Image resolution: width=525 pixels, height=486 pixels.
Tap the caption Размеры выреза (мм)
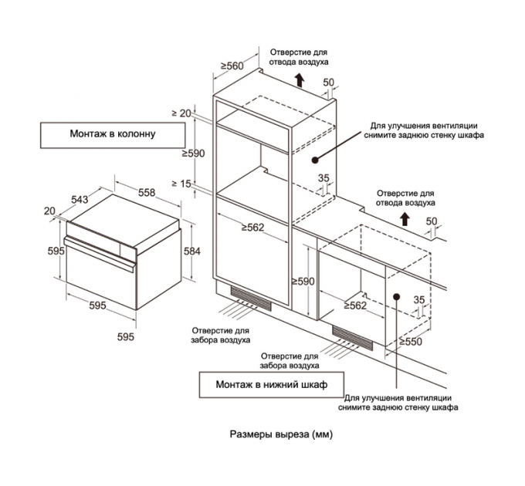[281, 434]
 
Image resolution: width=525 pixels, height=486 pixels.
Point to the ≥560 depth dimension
[231, 66]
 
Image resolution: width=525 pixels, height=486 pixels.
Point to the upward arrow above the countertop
[405, 219]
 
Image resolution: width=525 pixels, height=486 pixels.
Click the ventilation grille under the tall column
[252, 300]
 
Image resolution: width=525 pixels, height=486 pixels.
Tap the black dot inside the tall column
[315, 160]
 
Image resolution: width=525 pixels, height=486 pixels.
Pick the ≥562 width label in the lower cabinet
[354, 305]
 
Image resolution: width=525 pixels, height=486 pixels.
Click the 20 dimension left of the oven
[49, 211]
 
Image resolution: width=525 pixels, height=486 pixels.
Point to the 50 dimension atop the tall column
[328, 83]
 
